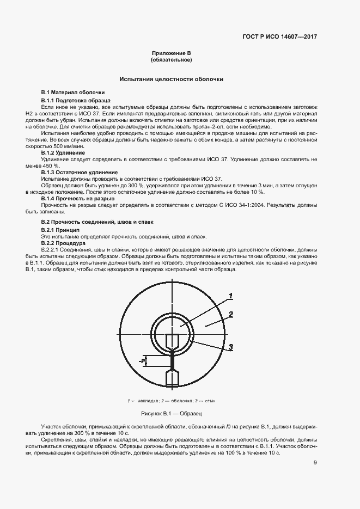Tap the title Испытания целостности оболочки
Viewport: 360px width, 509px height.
171,79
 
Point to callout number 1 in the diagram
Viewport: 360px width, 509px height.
231,296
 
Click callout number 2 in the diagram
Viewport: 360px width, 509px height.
231,314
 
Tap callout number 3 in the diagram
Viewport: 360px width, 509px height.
231,347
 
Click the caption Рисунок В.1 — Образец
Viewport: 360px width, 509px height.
171,414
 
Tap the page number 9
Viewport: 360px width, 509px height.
315,463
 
